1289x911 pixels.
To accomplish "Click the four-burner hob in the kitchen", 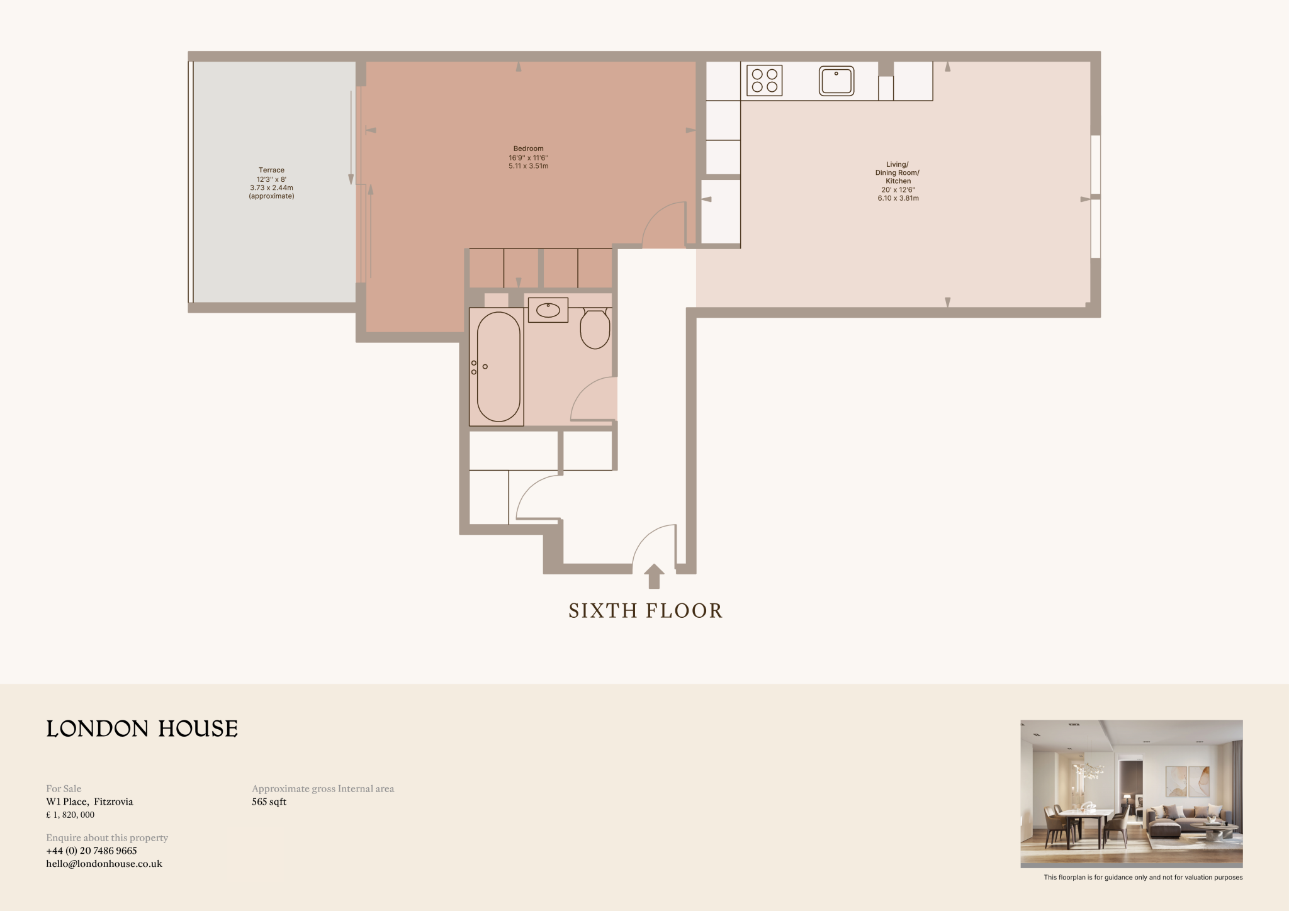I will click(x=764, y=81).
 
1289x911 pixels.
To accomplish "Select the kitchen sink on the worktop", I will click(x=836, y=81).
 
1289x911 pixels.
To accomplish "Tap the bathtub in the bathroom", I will click(x=498, y=367).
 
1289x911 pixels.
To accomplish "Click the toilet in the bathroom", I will click(x=595, y=328).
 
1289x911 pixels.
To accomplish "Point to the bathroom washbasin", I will click(x=548, y=310).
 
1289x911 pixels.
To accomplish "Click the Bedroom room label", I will click(x=528, y=149).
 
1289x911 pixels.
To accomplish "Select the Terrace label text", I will click(x=271, y=170).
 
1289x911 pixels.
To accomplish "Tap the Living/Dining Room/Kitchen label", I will click(x=898, y=173).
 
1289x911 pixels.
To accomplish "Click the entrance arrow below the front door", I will click(x=654, y=576).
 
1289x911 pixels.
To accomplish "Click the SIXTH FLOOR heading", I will click(x=645, y=611).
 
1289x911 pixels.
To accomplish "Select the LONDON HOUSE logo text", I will click(x=142, y=729).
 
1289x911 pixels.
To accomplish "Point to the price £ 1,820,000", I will click(x=70, y=815).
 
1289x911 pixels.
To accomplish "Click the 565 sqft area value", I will click(x=269, y=802).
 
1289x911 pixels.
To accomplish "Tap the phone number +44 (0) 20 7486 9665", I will click(x=91, y=851).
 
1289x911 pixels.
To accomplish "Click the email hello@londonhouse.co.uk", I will click(x=104, y=864).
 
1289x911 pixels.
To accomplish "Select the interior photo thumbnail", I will click(x=1131, y=793).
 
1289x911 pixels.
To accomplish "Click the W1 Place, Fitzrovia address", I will click(x=89, y=802).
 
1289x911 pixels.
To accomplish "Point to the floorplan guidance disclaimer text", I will click(x=1143, y=878).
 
